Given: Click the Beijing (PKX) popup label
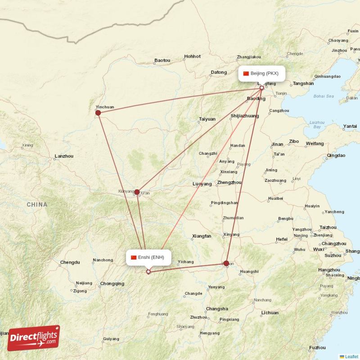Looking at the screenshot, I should pos(261,73).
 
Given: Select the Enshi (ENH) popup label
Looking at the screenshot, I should pos(148,257).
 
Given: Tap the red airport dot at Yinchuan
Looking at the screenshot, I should pos(98,112).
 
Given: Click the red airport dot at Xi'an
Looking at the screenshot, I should pos(137,192).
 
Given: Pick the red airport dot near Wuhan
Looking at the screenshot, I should pos(226,263).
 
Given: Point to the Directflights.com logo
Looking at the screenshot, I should pos(33,338).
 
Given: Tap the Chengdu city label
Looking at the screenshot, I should pos(70,262).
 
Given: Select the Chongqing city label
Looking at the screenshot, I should pos(112,283).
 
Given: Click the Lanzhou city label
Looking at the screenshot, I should pos(63,156).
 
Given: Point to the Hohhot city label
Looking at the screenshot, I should pos(192,57).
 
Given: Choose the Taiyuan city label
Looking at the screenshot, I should pos(207,119).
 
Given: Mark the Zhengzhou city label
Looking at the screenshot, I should pos(229,182).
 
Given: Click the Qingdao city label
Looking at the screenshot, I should pos(336,155).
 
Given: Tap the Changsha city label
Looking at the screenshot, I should pos(217,309).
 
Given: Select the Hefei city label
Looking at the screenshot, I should pos(282,239).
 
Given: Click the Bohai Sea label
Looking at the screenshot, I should pos(324,96).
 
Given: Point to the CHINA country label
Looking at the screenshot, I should pos(36,205).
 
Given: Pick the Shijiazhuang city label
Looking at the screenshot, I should pos(244,116).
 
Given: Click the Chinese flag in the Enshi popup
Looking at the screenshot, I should pos(134,257).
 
